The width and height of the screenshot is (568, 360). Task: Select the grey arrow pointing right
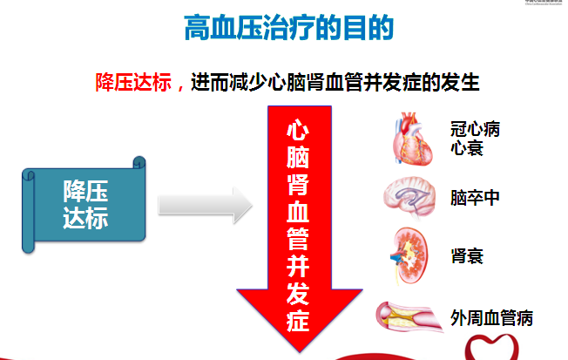click(x=205, y=207)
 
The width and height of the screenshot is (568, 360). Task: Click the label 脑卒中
click(x=476, y=197)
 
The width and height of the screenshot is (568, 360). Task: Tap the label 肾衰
click(x=467, y=255)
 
